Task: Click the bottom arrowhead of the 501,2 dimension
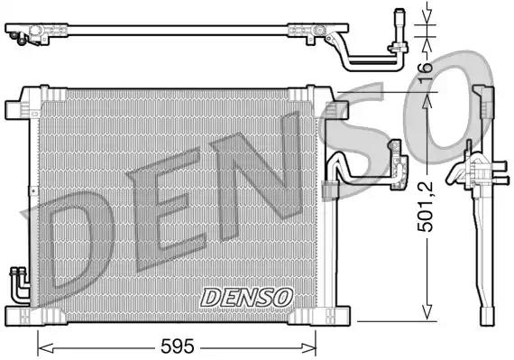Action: coord(427,317)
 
